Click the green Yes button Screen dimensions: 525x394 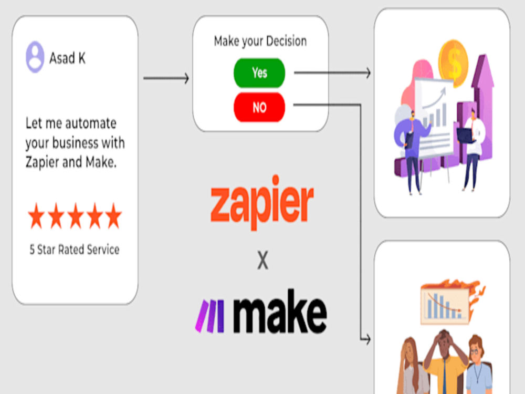tap(259, 72)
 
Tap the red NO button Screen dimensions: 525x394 tap(259, 107)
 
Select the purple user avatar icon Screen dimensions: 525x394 tap(35, 57)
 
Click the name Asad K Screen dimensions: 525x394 tap(67, 58)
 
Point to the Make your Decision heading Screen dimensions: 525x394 tap(260, 41)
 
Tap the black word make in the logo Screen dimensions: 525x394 tap(280, 311)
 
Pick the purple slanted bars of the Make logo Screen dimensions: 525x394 tap(210, 316)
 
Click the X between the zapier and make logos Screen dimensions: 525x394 tap(263, 261)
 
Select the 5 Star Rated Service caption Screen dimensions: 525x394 tap(75, 250)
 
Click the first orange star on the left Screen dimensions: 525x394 tap(36, 216)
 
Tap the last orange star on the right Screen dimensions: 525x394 tap(113, 216)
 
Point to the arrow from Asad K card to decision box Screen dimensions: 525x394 tap(166, 78)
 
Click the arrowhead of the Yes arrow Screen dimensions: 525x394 tap(368, 72)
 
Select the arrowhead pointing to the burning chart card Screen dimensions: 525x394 tap(367, 339)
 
